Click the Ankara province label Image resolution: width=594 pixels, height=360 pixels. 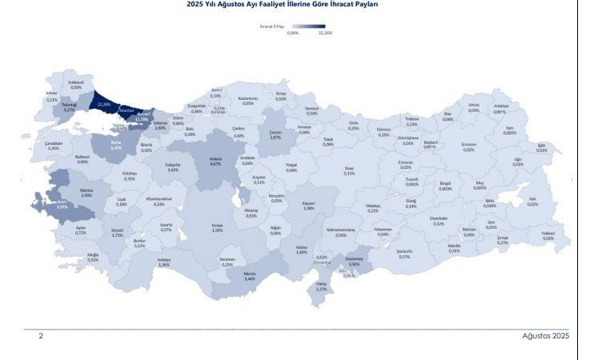[x=215, y=161]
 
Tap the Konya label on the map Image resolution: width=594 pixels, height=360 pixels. [x=216, y=226]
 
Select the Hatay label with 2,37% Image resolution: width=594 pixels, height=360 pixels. [x=321, y=286]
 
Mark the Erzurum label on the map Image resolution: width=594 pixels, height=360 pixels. [x=468, y=147]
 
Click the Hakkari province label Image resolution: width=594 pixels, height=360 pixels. [x=548, y=235]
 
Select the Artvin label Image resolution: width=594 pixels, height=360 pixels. [x=474, y=107]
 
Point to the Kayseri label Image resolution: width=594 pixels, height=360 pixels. [x=308, y=206]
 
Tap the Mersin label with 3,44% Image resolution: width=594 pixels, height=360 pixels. [x=249, y=276]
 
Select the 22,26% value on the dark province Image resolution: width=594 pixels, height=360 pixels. [x=102, y=104]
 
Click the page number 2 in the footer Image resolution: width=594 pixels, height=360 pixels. [x=41, y=337]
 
